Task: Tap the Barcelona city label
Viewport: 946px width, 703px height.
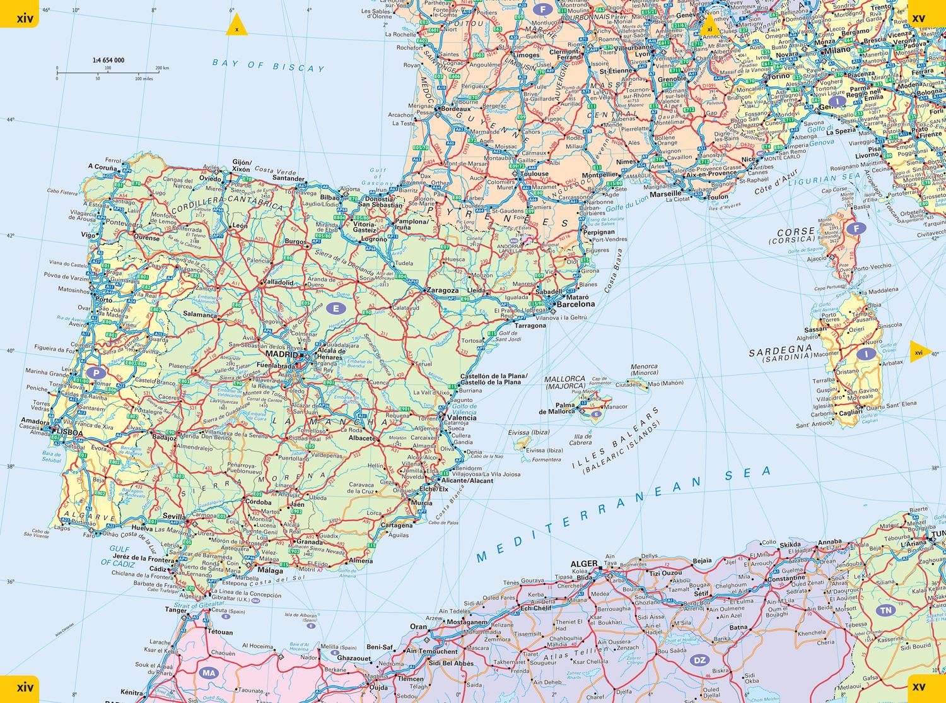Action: (x=574, y=304)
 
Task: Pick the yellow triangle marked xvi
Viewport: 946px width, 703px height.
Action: (x=918, y=352)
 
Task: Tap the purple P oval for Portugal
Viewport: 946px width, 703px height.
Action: (x=96, y=372)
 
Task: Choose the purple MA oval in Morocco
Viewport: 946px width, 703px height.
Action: (x=209, y=673)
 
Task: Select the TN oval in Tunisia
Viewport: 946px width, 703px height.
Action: (x=887, y=610)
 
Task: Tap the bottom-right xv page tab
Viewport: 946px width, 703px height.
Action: (x=927, y=688)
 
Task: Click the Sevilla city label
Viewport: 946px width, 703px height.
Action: (x=174, y=516)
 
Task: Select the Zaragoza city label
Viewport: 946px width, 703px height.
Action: (x=441, y=291)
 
